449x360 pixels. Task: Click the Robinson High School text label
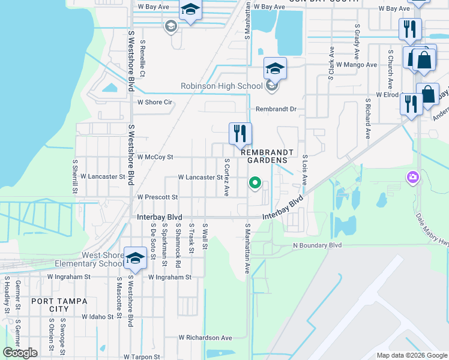(221, 86)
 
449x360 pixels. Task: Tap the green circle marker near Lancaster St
(255, 183)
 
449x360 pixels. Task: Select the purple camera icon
(412, 177)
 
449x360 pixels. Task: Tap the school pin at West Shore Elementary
(135, 259)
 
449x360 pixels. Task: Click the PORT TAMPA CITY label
(59, 305)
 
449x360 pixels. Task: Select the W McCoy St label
(155, 157)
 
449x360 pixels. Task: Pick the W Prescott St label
(158, 197)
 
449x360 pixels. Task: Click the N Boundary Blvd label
(317, 245)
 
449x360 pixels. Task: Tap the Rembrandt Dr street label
(276, 109)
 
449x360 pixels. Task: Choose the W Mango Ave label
(357, 64)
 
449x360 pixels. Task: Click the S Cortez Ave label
(227, 178)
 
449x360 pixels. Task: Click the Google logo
(20, 353)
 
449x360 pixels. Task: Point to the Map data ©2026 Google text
(411, 355)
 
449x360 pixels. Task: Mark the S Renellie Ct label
(142, 58)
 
